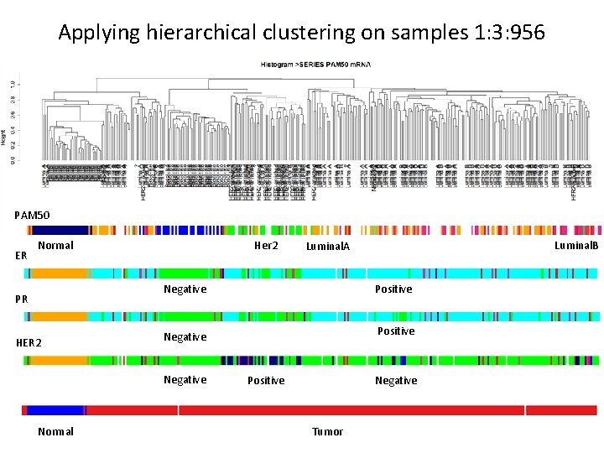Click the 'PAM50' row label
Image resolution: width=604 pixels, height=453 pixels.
tap(32, 216)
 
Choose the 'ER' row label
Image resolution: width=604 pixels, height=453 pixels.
tap(22, 254)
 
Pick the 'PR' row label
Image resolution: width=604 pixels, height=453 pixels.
tap(22, 299)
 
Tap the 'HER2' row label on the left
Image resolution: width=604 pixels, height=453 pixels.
tap(29, 343)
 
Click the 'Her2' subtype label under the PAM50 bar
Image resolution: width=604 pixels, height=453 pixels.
tap(266, 246)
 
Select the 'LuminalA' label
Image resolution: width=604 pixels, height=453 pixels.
tap(327, 247)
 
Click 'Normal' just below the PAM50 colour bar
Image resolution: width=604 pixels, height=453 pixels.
tap(56, 246)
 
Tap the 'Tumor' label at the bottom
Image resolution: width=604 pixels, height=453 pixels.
tap(327, 431)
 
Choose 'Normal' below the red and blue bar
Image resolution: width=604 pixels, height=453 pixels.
tap(55, 431)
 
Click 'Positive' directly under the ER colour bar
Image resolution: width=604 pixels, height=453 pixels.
tap(393, 289)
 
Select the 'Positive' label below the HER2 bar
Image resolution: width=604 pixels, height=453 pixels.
tap(266, 381)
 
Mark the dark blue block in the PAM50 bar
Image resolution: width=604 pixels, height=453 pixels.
tap(59, 230)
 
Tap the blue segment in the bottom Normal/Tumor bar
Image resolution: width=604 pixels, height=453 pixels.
tap(55, 410)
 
